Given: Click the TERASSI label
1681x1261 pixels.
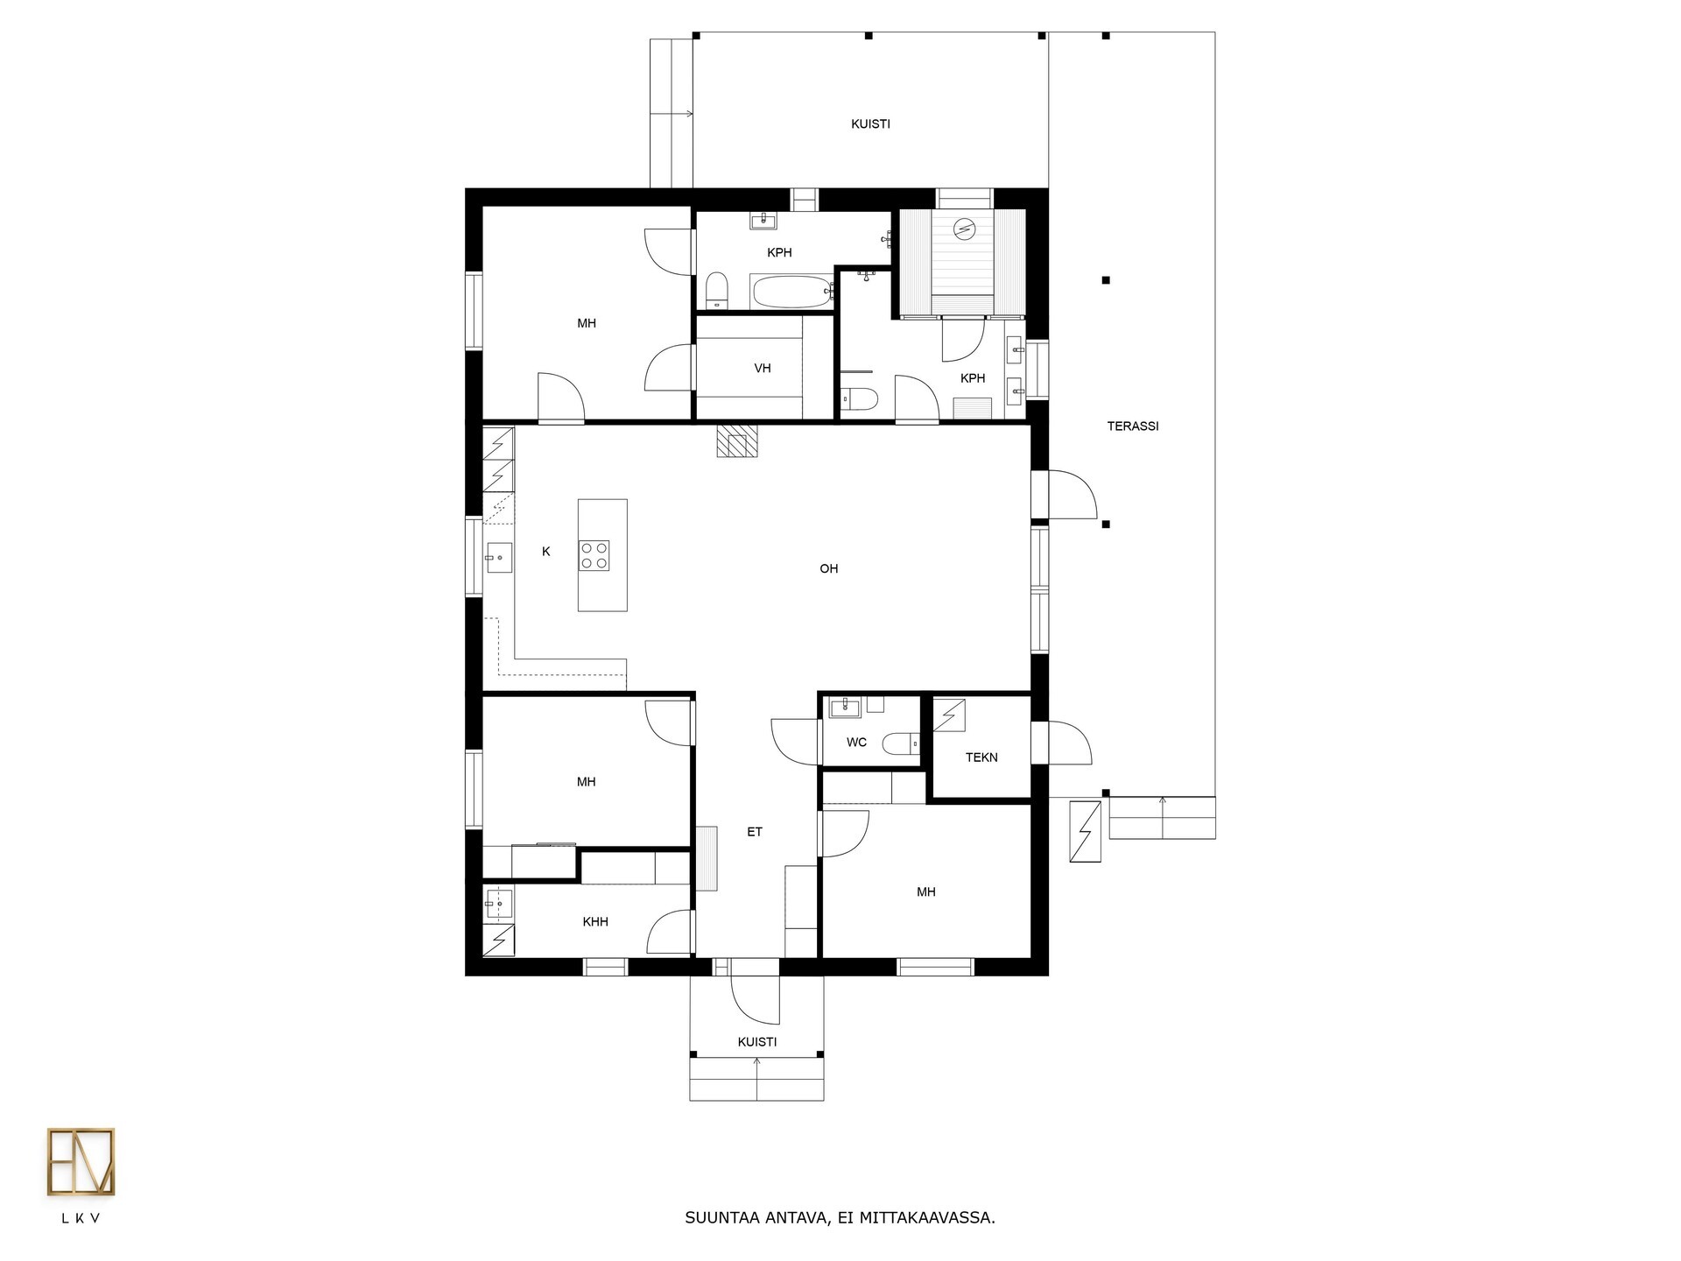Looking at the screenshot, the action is (1133, 426).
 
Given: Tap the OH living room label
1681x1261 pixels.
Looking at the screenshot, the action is (829, 569).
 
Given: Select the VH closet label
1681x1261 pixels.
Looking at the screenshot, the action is (763, 369).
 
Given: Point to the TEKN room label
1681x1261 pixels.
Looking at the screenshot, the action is (981, 757).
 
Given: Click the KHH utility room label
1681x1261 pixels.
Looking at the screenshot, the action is (595, 922).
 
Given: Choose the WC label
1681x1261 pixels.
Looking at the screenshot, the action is (856, 743).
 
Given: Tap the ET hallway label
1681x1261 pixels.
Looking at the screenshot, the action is (755, 832).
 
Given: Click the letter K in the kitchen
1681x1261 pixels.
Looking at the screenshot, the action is (546, 552).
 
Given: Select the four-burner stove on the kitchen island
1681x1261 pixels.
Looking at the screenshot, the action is (594, 556).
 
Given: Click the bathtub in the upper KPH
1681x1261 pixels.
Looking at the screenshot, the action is (791, 292).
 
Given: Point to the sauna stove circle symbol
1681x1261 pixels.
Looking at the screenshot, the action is (964, 228).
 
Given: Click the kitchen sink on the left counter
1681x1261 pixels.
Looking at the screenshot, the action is (499, 557).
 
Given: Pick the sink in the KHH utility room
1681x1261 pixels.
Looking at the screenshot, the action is (499, 903).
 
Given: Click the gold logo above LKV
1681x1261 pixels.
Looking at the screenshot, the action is (81, 1162).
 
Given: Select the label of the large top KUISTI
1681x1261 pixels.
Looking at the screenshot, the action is (870, 124).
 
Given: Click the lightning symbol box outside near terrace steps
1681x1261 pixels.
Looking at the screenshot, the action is (1086, 831).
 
